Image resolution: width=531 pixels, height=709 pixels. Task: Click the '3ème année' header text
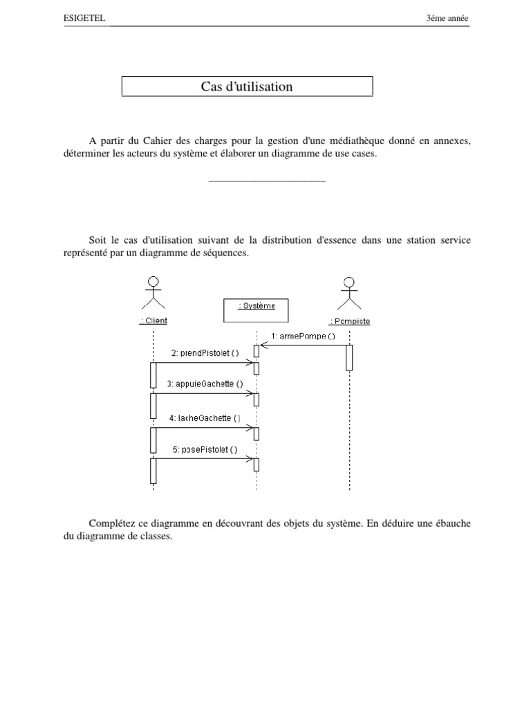pyautogui.click(x=448, y=19)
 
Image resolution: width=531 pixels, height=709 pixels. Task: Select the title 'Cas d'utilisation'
pyautogui.click(x=247, y=87)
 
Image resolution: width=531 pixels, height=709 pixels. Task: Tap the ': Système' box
pyautogui.click(x=257, y=310)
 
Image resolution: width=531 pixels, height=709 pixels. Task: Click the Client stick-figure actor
pyautogui.click(x=153, y=292)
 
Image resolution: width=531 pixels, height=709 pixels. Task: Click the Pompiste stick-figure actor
pyautogui.click(x=350, y=292)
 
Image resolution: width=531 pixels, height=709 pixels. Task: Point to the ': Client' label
pyautogui.click(x=153, y=321)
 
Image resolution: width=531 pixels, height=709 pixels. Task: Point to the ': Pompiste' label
pyautogui.click(x=350, y=321)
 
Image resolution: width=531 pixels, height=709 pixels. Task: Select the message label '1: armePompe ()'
pyautogui.click(x=304, y=336)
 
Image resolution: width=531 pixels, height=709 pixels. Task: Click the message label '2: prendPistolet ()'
pyautogui.click(x=205, y=352)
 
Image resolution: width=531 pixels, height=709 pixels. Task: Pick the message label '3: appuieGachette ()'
pyautogui.click(x=205, y=384)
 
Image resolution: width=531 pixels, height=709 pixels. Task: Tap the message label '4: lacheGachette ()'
pyautogui.click(x=205, y=418)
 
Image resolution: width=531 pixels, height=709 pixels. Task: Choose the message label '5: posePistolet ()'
pyautogui.click(x=205, y=449)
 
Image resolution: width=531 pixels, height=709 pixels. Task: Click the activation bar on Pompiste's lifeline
pyautogui.click(x=350, y=357)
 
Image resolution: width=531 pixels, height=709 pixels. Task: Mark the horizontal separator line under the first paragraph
pyautogui.click(x=266, y=181)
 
